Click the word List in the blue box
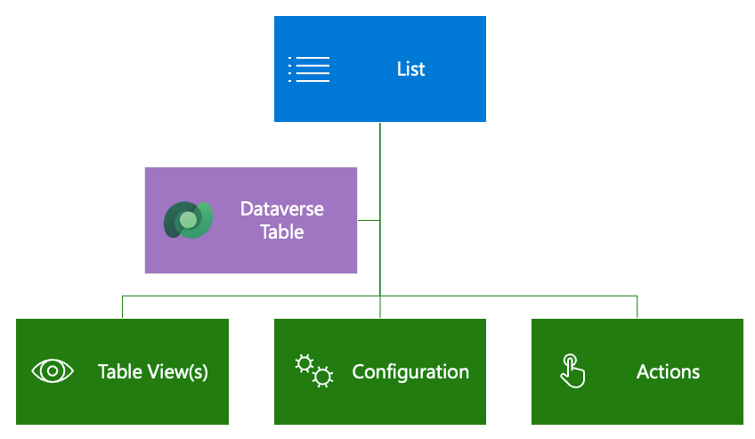pos(410,69)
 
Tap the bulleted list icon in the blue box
pos(309,69)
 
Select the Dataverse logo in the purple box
pos(188,220)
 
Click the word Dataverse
pos(281,209)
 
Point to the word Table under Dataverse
pos(281,232)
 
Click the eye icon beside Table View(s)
pos(52,371)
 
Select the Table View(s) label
pos(152,371)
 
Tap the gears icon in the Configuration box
pos(313,370)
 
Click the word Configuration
pos(410,371)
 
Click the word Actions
pos(668,371)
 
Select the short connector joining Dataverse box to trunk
pos(369,220)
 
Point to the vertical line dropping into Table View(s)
pos(122,306)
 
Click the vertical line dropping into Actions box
pos(637,306)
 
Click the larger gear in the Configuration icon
pos(322,377)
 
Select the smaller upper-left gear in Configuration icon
pos(304,362)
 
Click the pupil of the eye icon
pos(52,371)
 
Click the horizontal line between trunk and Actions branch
pos(507,295)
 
